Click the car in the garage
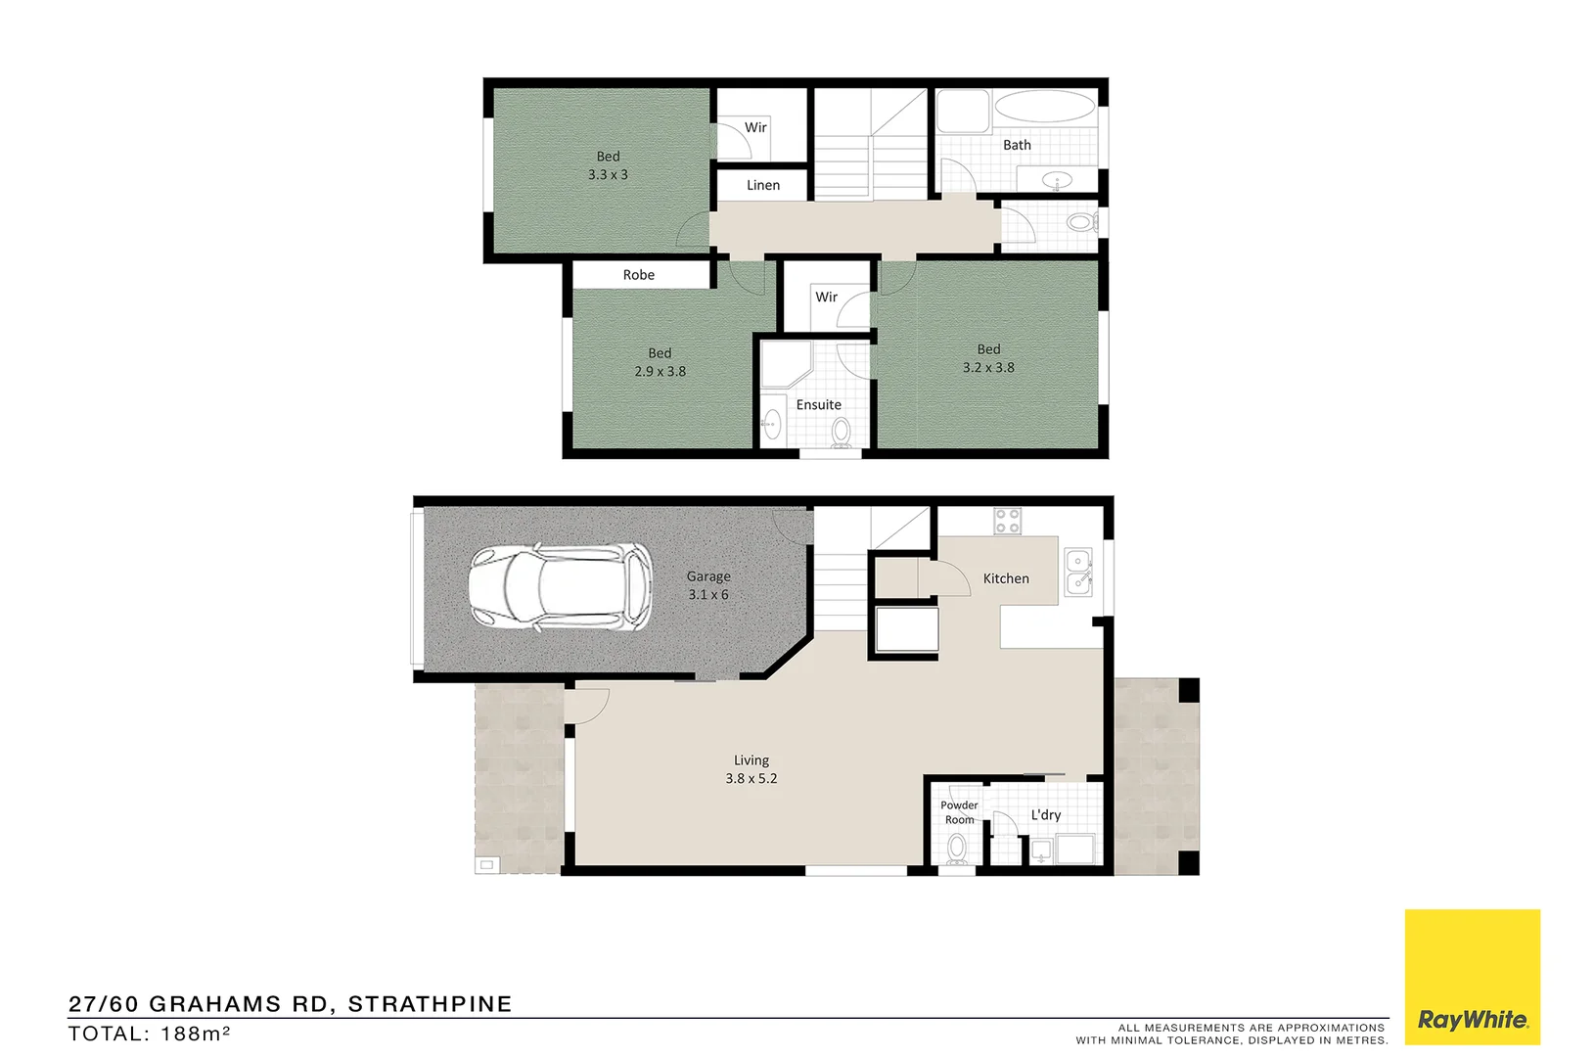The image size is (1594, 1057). pyautogui.click(x=561, y=584)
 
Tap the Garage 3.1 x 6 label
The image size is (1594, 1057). pyautogui.click(x=707, y=585)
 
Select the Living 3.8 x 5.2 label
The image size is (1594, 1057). pyautogui.click(x=751, y=769)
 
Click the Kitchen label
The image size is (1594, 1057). pyautogui.click(x=1006, y=578)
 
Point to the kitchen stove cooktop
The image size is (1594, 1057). pyautogui.click(x=1007, y=521)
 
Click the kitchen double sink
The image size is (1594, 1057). pyautogui.click(x=1077, y=572)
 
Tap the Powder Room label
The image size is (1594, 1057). pyautogui.click(x=959, y=812)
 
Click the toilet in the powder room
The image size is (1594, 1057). pyautogui.click(x=957, y=849)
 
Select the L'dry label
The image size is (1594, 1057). pyautogui.click(x=1045, y=814)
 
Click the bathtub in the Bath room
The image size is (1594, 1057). pyautogui.click(x=1045, y=107)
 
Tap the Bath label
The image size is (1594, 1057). pyautogui.click(x=1017, y=145)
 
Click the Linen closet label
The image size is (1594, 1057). pyautogui.click(x=763, y=185)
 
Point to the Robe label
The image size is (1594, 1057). pyautogui.click(x=639, y=275)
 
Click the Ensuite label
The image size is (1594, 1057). pyautogui.click(x=818, y=404)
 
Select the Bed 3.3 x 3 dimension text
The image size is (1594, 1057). pyautogui.click(x=608, y=174)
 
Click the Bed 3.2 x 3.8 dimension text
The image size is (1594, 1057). pyautogui.click(x=988, y=367)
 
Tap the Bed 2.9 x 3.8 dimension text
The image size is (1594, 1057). pyautogui.click(x=660, y=371)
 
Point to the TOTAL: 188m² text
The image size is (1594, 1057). pyautogui.click(x=149, y=1034)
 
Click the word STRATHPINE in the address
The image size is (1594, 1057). pyautogui.click(x=430, y=1004)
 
